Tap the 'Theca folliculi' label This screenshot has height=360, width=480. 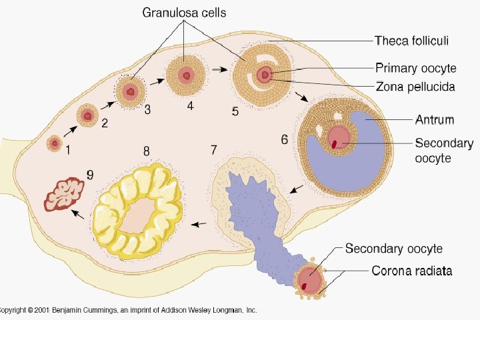pyautogui.click(x=411, y=41)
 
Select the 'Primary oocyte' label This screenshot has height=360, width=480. pyautogui.click(x=415, y=68)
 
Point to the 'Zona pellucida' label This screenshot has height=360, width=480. pyautogui.click(x=415, y=87)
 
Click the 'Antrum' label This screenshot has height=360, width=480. pyautogui.click(x=434, y=120)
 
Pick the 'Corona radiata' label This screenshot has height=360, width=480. pyautogui.click(x=411, y=271)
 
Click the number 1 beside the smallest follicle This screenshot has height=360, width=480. pyautogui.click(x=67, y=150)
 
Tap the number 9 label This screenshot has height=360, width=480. pyautogui.click(x=90, y=176)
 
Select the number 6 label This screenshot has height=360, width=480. pyautogui.click(x=285, y=139)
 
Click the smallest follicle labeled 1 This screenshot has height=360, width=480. pyautogui.click(x=54, y=143)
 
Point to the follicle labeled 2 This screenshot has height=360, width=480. pyautogui.click(x=87, y=116)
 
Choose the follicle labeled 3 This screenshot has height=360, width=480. pyautogui.click(x=131, y=91)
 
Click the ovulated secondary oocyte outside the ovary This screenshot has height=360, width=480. pyautogui.click(x=309, y=279)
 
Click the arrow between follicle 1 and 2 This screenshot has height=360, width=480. pyautogui.click(x=70, y=131)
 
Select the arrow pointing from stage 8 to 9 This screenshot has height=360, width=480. pyautogui.click(x=78, y=215)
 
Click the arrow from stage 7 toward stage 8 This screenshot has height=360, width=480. pyautogui.click(x=199, y=223)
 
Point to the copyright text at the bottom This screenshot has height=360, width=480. pyautogui.click(x=128, y=310)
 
